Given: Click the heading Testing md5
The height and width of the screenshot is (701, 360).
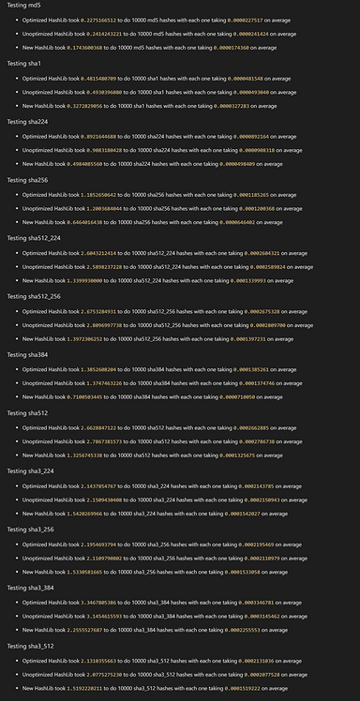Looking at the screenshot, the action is pyautogui.click(x=23, y=5).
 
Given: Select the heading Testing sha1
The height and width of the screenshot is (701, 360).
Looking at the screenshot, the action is pyautogui.click(x=23, y=63).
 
